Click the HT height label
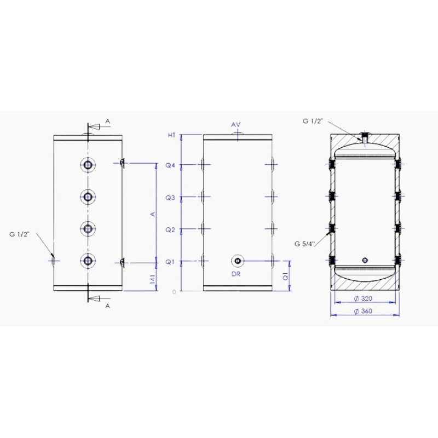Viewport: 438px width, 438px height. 171,135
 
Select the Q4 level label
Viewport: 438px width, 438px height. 170,165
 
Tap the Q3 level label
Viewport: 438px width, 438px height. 170,198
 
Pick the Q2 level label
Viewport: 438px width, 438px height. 170,230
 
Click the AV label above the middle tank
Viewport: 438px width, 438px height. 236,125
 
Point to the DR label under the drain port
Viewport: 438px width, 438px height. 236,274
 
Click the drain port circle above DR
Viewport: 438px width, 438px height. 238,261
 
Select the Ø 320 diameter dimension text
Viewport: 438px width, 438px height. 363,298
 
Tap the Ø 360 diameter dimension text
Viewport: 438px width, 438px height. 363,311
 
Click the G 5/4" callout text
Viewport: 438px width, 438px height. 305,244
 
